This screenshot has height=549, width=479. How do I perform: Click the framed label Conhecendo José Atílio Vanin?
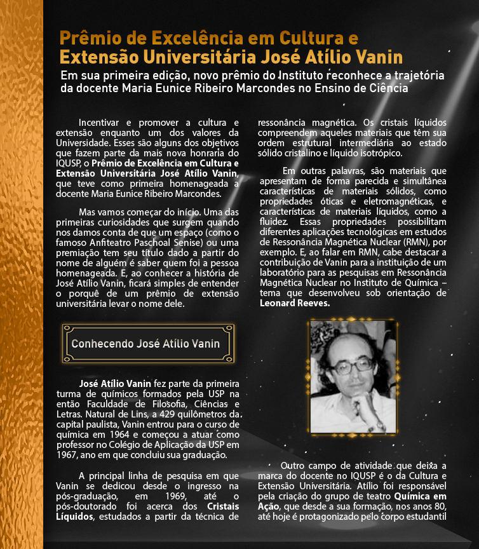pyautogui.click(x=145, y=344)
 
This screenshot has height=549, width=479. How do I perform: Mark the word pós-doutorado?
pyautogui.click(x=91, y=506)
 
